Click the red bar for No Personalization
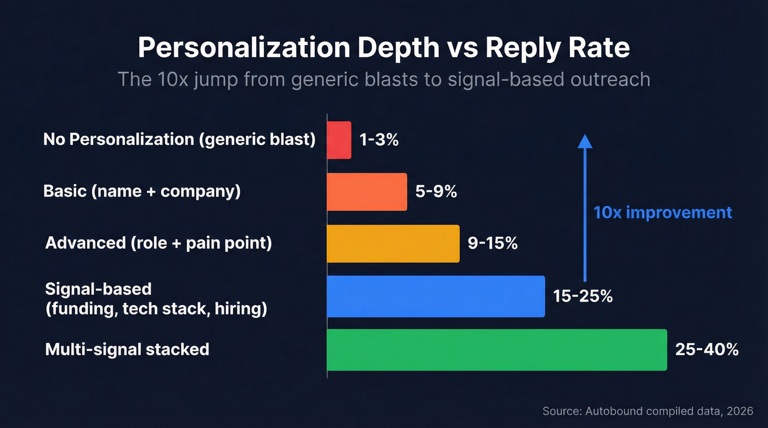click(339, 140)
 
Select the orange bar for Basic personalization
click(367, 192)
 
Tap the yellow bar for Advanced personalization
click(393, 243)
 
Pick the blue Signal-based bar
click(436, 296)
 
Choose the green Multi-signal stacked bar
click(496, 350)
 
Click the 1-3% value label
click(379, 140)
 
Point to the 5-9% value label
click(436, 192)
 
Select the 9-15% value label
click(492, 243)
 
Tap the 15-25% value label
click(582, 296)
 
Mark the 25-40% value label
click(707, 350)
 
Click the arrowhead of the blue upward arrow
click(585, 141)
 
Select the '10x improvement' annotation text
click(663, 213)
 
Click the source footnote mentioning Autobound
click(648, 410)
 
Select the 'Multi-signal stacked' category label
click(127, 349)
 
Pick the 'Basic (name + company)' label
click(142, 192)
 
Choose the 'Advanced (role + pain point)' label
click(158, 243)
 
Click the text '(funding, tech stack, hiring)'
click(156, 309)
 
